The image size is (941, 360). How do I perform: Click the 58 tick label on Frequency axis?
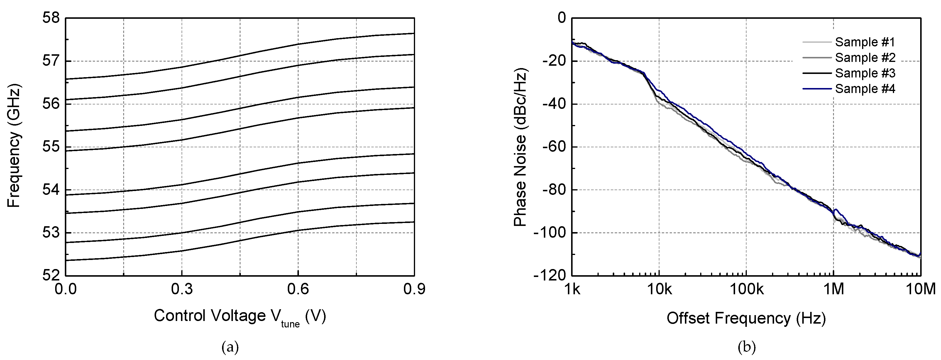click(x=51, y=18)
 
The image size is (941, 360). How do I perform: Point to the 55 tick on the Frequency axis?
click(x=51, y=147)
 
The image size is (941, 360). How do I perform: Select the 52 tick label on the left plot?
click(x=51, y=275)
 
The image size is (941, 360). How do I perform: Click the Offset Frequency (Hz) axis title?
click(x=746, y=318)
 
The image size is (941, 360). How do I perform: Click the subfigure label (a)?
click(x=230, y=347)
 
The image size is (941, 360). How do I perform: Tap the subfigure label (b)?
click(x=746, y=347)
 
